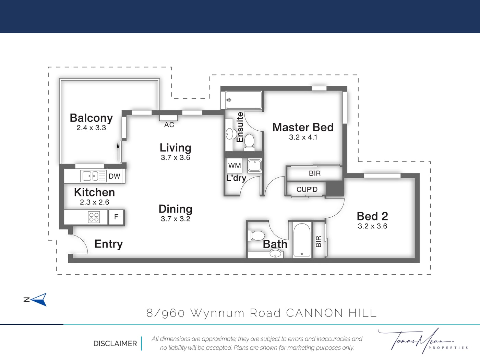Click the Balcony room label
tap(91, 118)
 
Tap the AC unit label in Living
tap(169, 125)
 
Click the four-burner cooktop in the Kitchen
tap(94, 217)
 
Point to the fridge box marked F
tap(116, 217)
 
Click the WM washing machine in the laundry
tap(235, 166)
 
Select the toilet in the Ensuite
tap(249, 142)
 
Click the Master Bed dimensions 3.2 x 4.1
tap(303, 137)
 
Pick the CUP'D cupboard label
tap(307, 190)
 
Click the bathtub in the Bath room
tap(302, 240)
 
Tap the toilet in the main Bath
tap(256, 236)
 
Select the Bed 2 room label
tap(372, 216)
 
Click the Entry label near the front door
tap(108, 244)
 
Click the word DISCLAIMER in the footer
tap(115, 344)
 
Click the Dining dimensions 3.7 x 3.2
tap(176, 219)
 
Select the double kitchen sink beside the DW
tap(94, 176)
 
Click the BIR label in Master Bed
tap(315, 173)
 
